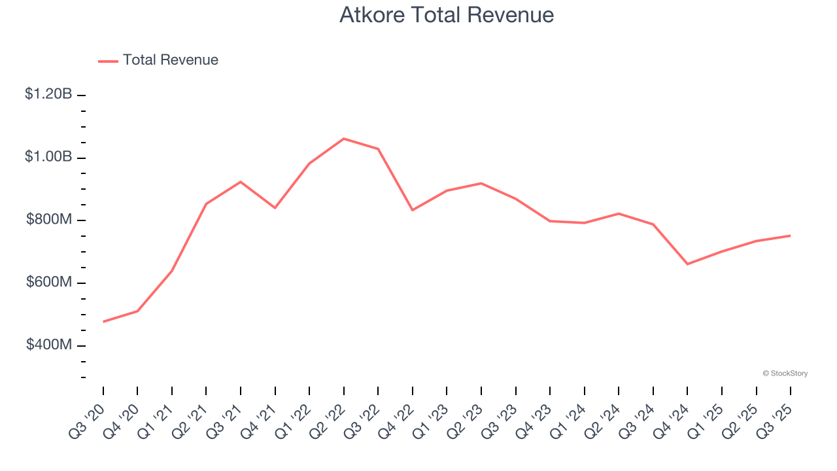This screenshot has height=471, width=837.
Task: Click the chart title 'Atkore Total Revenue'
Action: click(x=447, y=15)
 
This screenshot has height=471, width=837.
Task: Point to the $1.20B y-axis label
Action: click(x=48, y=94)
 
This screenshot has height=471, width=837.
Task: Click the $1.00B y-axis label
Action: click(x=48, y=157)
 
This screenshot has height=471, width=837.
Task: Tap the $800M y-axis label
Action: click(x=49, y=220)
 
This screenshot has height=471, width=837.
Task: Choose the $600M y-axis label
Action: click(x=49, y=283)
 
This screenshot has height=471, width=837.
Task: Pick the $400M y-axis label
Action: click(x=49, y=345)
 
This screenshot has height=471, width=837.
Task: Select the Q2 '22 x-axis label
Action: click(x=329, y=420)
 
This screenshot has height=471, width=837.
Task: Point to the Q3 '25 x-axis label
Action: click(x=776, y=420)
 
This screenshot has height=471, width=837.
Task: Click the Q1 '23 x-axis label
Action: click(x=432, y=420)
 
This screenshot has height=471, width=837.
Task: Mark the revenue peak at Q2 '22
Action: click(x=344, y=139)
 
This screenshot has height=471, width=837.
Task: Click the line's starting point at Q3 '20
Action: click(x=103, y=322)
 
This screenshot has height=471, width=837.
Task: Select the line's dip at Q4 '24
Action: click(x=688, y=264)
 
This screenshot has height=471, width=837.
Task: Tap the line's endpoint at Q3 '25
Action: click(x=791, y=235)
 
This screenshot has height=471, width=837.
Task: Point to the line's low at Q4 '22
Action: click(x=413, y=210)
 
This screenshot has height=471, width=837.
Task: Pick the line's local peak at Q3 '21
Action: click(x=241, y=182)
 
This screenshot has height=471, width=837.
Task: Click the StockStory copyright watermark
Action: click(x=785, y=374)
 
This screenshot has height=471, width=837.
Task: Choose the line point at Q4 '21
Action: click(x=275, y=208)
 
